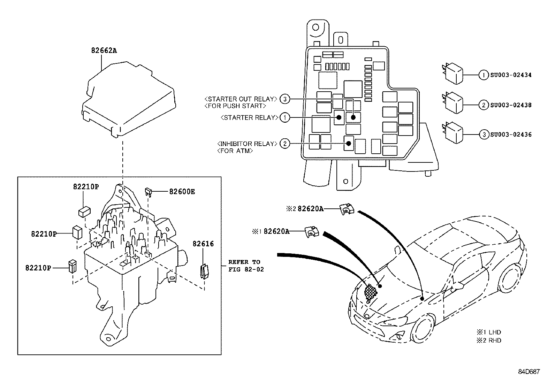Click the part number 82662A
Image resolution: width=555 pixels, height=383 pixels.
[104, 51]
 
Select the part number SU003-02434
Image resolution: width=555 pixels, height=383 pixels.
[511, 75]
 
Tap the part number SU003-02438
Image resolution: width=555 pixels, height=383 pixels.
[511, 105]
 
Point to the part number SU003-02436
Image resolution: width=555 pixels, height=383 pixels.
[511, 135]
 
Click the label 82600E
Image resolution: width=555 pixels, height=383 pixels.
[182, 192]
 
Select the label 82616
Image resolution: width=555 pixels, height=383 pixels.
[203, 244]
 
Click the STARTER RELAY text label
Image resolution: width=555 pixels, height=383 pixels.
[250, 117]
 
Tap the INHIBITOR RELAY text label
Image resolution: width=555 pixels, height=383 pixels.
[247, 144]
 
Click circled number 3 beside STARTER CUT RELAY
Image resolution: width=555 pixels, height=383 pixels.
[285, 99]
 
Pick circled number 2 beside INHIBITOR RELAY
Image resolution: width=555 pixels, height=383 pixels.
[285, 144]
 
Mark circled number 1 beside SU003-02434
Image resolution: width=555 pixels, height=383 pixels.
[484, 75]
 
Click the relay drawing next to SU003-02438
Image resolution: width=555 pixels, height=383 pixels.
[453, 103]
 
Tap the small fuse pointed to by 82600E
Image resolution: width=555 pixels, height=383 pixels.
[148, 192]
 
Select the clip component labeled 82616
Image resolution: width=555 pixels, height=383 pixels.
[204, 271]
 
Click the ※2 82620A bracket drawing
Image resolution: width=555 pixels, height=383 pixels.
[347, 209]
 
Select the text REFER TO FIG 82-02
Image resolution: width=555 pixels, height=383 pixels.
[246, 266]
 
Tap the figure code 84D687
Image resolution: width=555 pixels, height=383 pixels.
[529, 371]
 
